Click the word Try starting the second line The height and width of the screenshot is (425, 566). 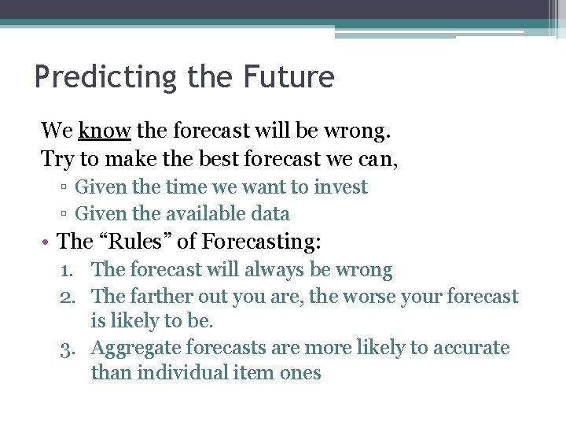point(57,159)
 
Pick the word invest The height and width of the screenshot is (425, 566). point(342,187)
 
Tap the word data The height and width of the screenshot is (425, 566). point(272,213)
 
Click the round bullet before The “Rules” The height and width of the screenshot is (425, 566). point(48,242)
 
